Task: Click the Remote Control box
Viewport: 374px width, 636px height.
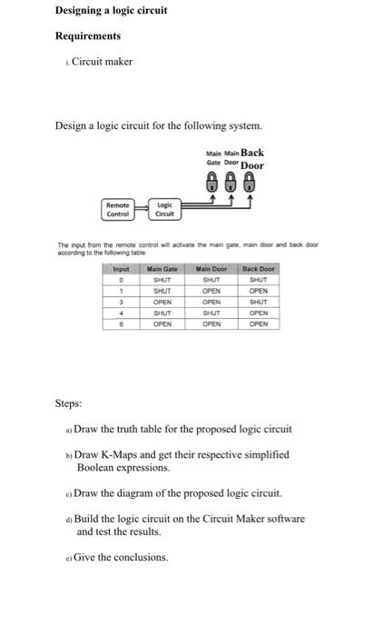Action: (x=118, y=209)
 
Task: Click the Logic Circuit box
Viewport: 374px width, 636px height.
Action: (x=164, y=209)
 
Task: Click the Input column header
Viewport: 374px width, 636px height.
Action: (x=121, y=269)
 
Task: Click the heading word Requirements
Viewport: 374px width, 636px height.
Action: (x=88, y=36)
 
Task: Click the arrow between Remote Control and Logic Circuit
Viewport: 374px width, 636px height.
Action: (x=140, y=207)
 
